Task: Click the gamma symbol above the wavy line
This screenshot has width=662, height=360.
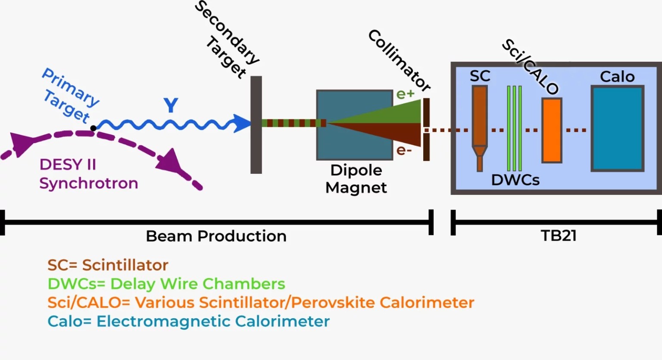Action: pos(171,105)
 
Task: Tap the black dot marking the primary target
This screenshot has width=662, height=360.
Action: pos(93,128)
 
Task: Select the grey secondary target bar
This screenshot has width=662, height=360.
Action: pos(256,125)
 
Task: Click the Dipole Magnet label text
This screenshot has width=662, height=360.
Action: pos(356,179)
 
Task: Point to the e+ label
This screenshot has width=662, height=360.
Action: pos(405,94)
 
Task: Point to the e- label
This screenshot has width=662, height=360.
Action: pos(404,150)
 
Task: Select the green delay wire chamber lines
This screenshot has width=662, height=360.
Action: pos(515,128)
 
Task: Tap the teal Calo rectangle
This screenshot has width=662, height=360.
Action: pos(618,128)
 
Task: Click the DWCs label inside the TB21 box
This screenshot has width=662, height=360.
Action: pos(515,180)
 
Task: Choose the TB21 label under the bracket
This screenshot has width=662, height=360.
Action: pos(559,236)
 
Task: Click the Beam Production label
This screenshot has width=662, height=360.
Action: pos(216,236)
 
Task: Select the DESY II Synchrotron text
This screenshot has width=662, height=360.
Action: pos(88,174)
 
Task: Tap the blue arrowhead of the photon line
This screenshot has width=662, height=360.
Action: pos(242,123)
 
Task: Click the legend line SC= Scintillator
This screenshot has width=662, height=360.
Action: pos(108,265)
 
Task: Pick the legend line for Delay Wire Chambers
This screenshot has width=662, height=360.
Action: pos(166,284)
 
